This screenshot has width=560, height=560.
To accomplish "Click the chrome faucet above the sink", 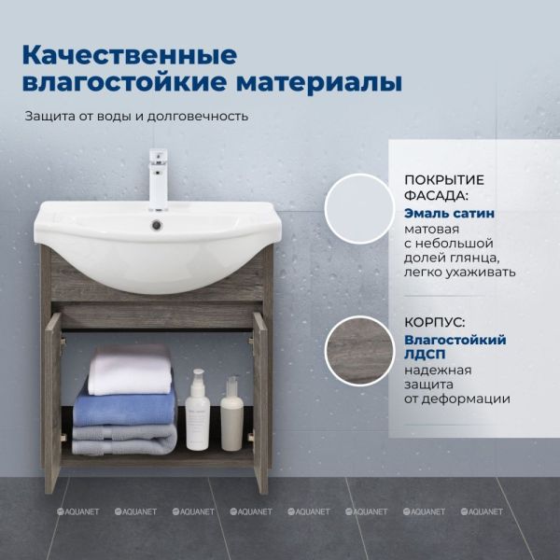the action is (x=159, y=179).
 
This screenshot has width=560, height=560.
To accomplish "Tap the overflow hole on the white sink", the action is (x=157, y=225).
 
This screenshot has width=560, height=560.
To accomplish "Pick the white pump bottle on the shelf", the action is (x=198, y=410).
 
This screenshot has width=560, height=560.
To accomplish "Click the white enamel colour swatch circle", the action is (x=360, y=209).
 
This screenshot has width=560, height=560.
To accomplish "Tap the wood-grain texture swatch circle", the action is (x=360, y=351).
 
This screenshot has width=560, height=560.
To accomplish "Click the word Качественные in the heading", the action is (x=130, y=55).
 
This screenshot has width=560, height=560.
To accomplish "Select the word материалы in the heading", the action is (x=319, y=82).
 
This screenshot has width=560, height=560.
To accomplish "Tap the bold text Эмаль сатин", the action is (x=449, y=213).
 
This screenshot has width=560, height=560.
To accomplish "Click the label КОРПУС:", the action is (x=435, y=323).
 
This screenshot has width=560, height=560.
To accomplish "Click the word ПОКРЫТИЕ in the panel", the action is (x=444, y=180).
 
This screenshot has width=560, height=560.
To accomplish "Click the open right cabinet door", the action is (x=260, y=402).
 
